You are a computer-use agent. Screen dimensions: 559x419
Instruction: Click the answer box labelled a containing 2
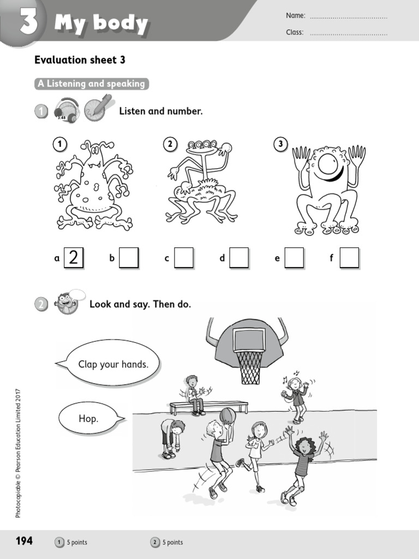(x=74, y=258)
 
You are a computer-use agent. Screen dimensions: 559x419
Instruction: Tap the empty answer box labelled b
(x=129, y=258)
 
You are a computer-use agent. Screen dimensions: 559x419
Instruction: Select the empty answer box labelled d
(x=239, y=258)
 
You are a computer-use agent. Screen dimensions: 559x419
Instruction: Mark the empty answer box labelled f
(x=349, y=258)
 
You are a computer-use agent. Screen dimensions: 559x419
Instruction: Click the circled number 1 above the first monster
(x=59, y=144)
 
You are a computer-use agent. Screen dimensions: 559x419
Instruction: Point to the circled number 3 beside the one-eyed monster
(x=280, y=144)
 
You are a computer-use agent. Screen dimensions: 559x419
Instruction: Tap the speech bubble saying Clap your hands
(x=113, y=364)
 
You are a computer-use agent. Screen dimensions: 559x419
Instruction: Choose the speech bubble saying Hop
(x=89, y=419)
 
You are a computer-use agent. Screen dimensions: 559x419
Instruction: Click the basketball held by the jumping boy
(x=228, y=415)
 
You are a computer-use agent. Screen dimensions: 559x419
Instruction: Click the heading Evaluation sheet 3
(x=80, y=60)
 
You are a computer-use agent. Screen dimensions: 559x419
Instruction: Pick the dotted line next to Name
(x=349, y=16)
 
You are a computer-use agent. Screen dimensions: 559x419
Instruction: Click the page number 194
(x=24, y=541)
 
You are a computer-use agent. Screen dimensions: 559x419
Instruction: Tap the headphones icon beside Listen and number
(x=67, y=110)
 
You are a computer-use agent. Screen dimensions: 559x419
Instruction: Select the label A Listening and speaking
(x=91, y=84)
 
